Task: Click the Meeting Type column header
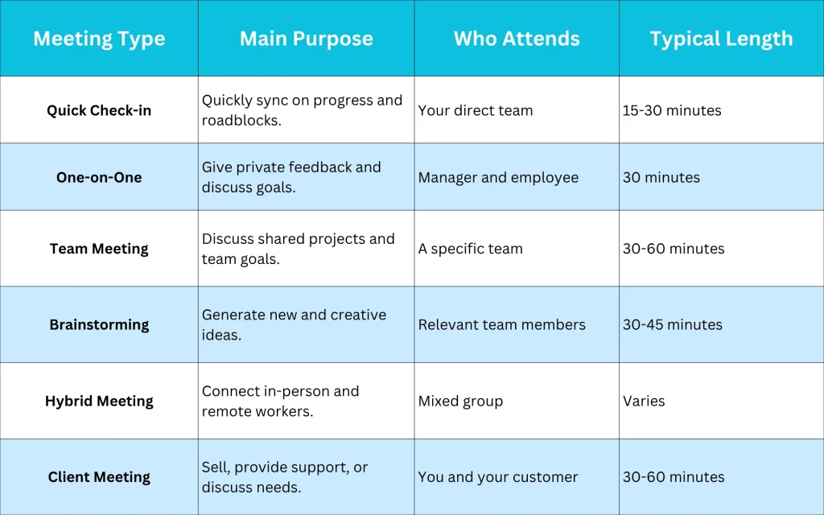pos(99,39)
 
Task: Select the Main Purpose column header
pos(306,39)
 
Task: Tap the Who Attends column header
pos(517,39)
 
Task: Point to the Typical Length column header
pos(721,39)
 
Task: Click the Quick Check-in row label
pos(99,110)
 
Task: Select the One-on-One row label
pos(99,177)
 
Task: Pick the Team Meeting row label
pos(99,249)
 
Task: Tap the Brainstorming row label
pos(99,324)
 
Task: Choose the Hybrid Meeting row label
pos(99,401)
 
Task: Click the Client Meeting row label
pos(99,477)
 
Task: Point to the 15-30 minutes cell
pos(672,110)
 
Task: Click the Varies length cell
pos(644,401)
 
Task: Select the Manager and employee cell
pos(498,177)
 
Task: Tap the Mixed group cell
pos(460,401)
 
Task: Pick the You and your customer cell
pos(498,477)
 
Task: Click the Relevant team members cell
pos(502,324)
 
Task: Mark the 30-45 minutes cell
pos(673,324)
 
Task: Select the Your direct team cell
pos(476,110)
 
